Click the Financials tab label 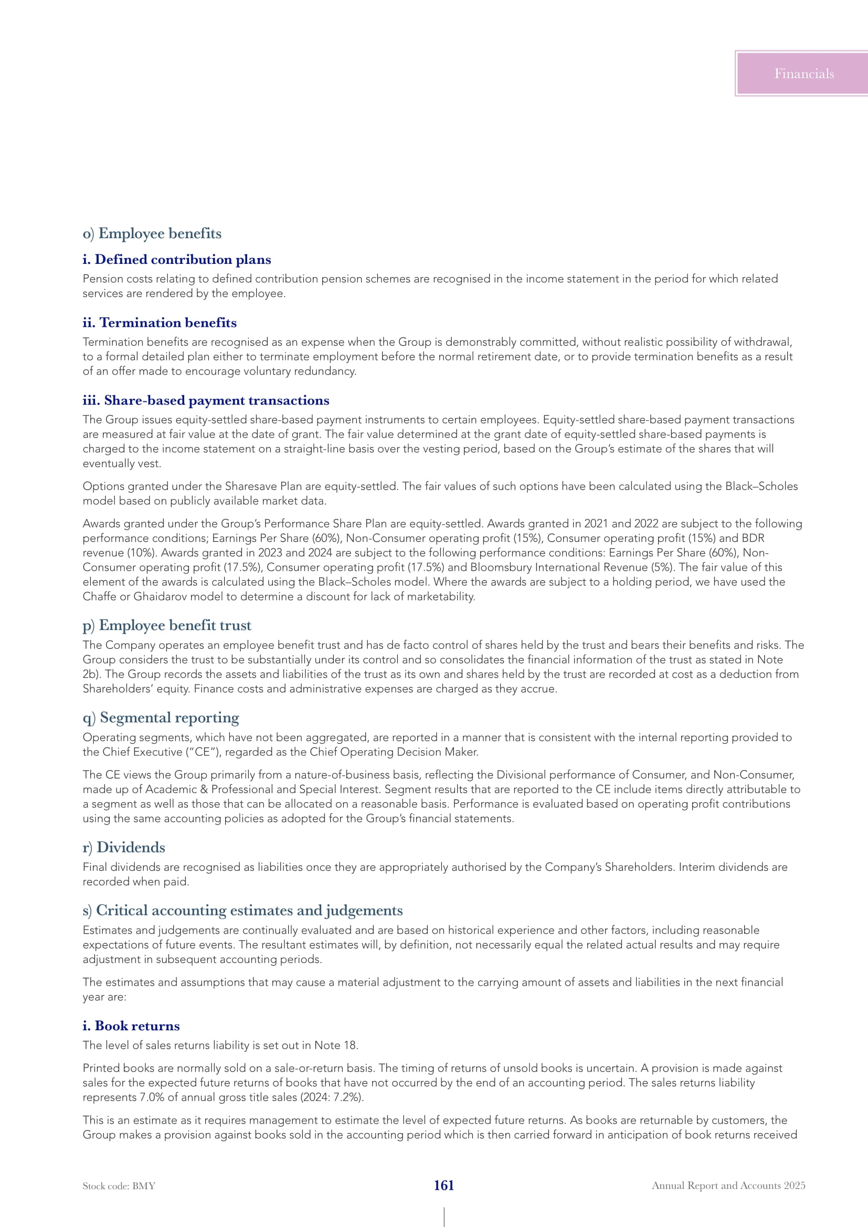coord(804,74)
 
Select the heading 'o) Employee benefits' coord(152,233)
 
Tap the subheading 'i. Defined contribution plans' coord(176,260)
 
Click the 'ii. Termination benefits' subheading coord(160,323)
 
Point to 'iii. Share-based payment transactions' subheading coord(206,400)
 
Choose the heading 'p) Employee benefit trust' coord(167,625)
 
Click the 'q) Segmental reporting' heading coord(161,718)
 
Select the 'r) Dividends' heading coord(123,848)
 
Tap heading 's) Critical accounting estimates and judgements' coord(242,911)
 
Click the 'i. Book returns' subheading coord(131,1026)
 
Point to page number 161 coord(443,1186)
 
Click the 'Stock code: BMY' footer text coord(119,1187)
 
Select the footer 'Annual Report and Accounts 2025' coord(728,1186)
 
